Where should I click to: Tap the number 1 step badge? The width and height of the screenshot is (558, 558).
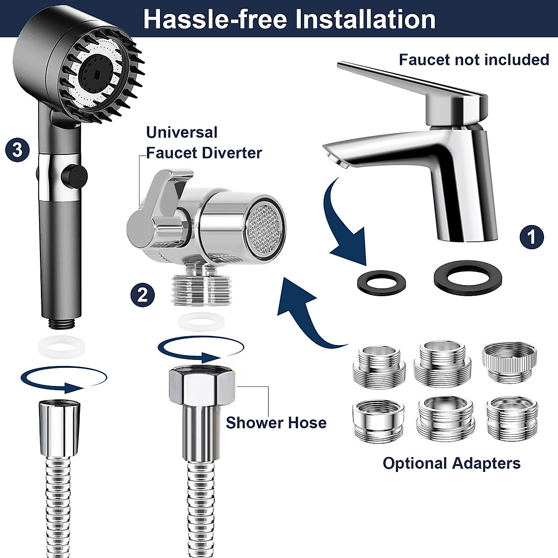tap(531, 237)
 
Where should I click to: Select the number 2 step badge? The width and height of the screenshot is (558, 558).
tap(142, 294)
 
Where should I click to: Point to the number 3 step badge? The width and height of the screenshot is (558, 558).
tap(17, 150)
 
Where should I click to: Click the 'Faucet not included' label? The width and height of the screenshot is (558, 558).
tap(474, 60)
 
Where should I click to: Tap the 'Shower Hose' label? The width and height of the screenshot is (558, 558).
tap(276, 423)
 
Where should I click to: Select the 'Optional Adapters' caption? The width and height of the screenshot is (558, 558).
tap(451, 463)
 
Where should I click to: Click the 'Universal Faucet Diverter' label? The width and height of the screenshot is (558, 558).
tap(204, 142)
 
